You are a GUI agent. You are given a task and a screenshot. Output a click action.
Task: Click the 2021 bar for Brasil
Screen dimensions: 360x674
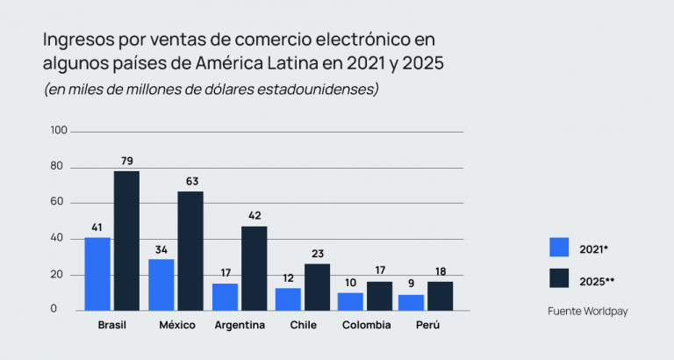tap(97, 274)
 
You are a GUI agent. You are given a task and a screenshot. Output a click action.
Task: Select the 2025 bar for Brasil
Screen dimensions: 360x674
tap(126, 241)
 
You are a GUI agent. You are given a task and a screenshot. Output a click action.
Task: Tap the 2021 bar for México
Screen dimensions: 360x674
tap(161, 284)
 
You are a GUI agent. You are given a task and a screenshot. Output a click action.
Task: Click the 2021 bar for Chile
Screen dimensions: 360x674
tap(288, 299)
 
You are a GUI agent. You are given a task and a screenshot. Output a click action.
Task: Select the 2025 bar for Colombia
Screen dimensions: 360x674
tap(380, 296)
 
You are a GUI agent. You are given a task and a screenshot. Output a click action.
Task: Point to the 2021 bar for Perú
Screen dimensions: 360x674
tap(411, 302)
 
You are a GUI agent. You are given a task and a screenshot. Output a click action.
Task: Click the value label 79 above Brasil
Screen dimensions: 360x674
tap(127, 162)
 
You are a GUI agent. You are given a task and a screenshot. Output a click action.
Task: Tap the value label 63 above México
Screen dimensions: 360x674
tap(191, 182)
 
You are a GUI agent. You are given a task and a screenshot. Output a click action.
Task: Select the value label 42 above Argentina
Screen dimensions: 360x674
tap(255, 216)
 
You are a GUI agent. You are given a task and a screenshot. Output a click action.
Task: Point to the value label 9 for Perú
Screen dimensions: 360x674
tap(412, 284)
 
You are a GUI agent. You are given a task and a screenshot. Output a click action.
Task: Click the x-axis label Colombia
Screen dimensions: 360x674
tap(365, 326)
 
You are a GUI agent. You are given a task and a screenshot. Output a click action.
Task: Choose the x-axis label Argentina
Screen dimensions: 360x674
tap(240, 326)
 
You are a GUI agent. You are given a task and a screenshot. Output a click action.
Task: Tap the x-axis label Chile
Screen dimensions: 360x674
tap(302, 326)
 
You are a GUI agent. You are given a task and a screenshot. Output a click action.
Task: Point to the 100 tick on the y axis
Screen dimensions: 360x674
tap(59, 131)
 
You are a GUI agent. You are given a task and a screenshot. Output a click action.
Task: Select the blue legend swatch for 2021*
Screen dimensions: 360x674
tap(559, 248)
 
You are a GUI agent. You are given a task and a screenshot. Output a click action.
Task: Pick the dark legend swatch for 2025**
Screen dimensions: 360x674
tap(559, 279)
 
